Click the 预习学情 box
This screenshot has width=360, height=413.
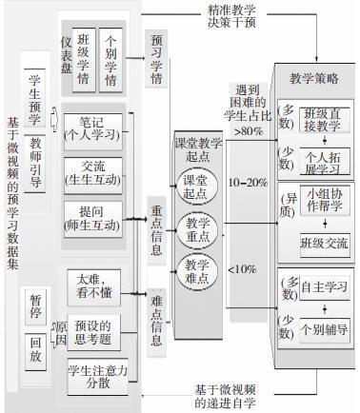point(155,57)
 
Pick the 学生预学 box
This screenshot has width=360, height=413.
point(36,96)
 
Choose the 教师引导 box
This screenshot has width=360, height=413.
point(36,161)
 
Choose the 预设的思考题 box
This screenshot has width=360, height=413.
point(98,325)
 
